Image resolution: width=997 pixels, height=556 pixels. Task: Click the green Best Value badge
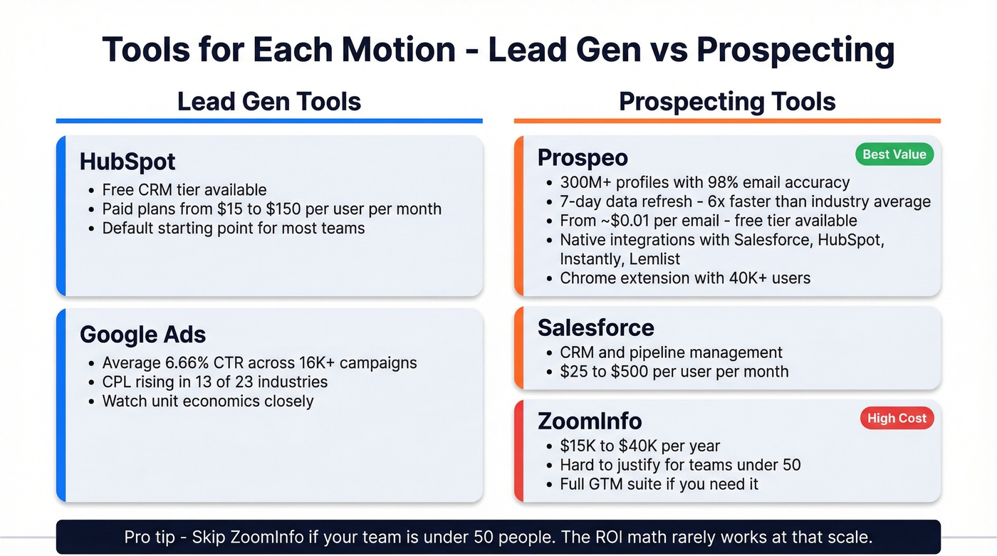point(894,154)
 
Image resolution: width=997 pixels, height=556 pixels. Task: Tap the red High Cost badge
point(897,419)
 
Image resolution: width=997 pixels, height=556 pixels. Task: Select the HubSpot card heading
point(127,162)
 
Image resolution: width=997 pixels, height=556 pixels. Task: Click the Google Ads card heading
point(143,335)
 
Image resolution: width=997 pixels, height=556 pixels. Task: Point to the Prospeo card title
point(583,157)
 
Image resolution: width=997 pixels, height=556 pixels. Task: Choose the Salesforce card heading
point(595,327)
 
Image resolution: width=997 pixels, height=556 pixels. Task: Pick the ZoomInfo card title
point(590,421)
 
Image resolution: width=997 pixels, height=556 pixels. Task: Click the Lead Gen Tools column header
point(269,102)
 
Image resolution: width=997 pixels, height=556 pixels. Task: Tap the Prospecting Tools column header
point(727,102)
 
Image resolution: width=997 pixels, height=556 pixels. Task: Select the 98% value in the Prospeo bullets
point(734,183)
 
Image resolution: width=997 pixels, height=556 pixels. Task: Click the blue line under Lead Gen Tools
point(269,121)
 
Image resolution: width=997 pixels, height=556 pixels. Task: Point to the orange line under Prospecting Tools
point(727,121)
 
